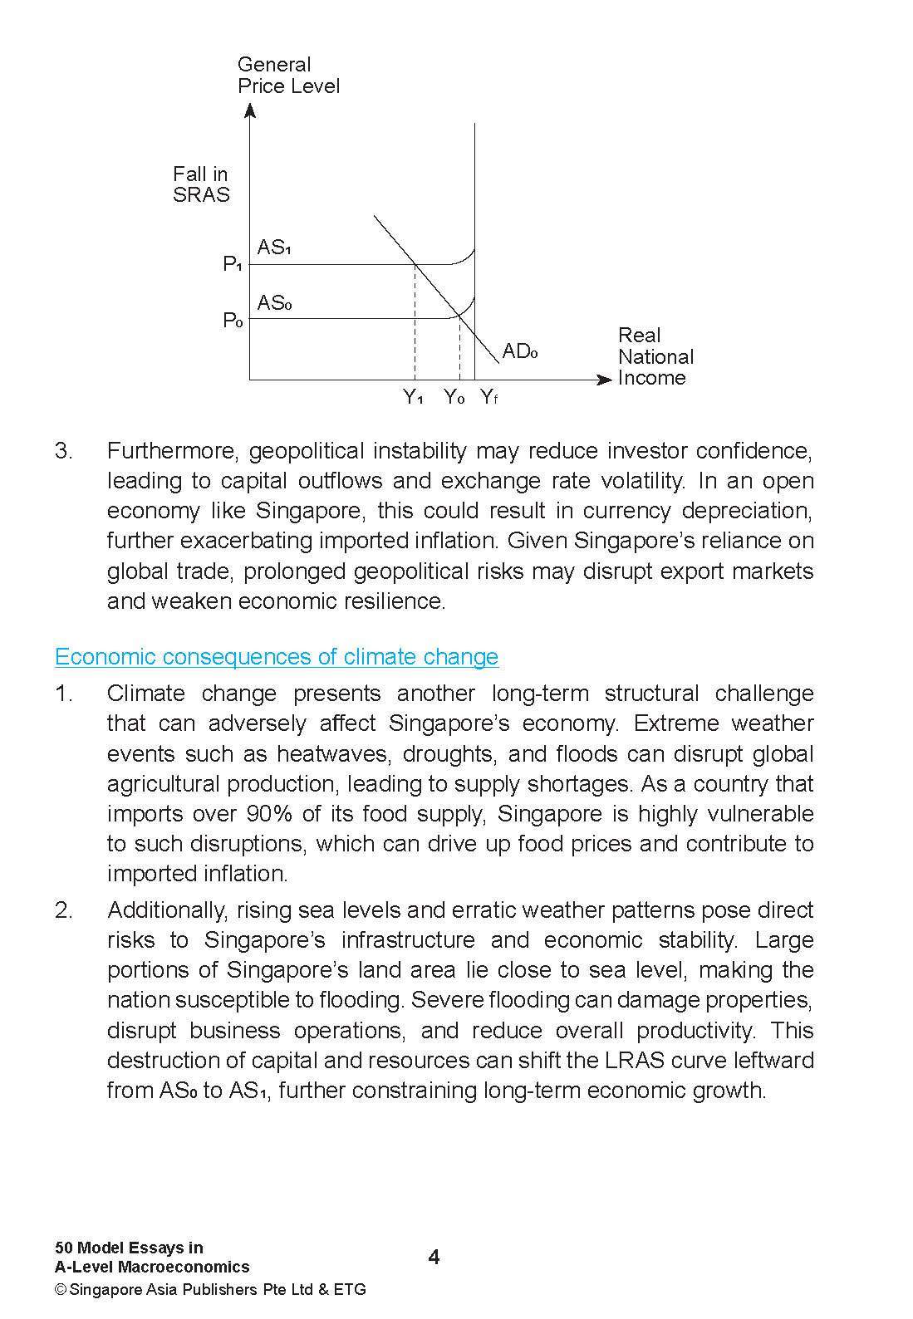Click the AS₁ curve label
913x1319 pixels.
(x=273, y=247)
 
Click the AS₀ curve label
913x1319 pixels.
(x=273, y=302)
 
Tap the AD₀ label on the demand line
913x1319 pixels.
(x=520, y=351)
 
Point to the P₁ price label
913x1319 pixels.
(x=232, y=264)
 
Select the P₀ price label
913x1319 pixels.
(x=232, y=321)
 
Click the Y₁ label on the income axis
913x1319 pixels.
(x=414, y=397)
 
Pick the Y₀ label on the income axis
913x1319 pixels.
(x=454, y=397)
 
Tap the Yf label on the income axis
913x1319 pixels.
(x=488, y=397)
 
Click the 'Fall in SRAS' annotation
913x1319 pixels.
(x=200, y=184)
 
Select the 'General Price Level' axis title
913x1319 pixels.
(x=287, y=76)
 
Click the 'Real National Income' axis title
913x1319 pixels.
(x=655, y=356)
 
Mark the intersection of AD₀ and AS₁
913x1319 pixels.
(x=415, y=264)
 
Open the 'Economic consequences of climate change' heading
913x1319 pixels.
(x=277, y=656)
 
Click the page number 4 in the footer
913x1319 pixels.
(x=434, y=1257)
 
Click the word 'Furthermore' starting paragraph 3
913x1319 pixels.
(x=174, y=451)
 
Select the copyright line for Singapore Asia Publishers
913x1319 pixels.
(x=210, y=1289)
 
